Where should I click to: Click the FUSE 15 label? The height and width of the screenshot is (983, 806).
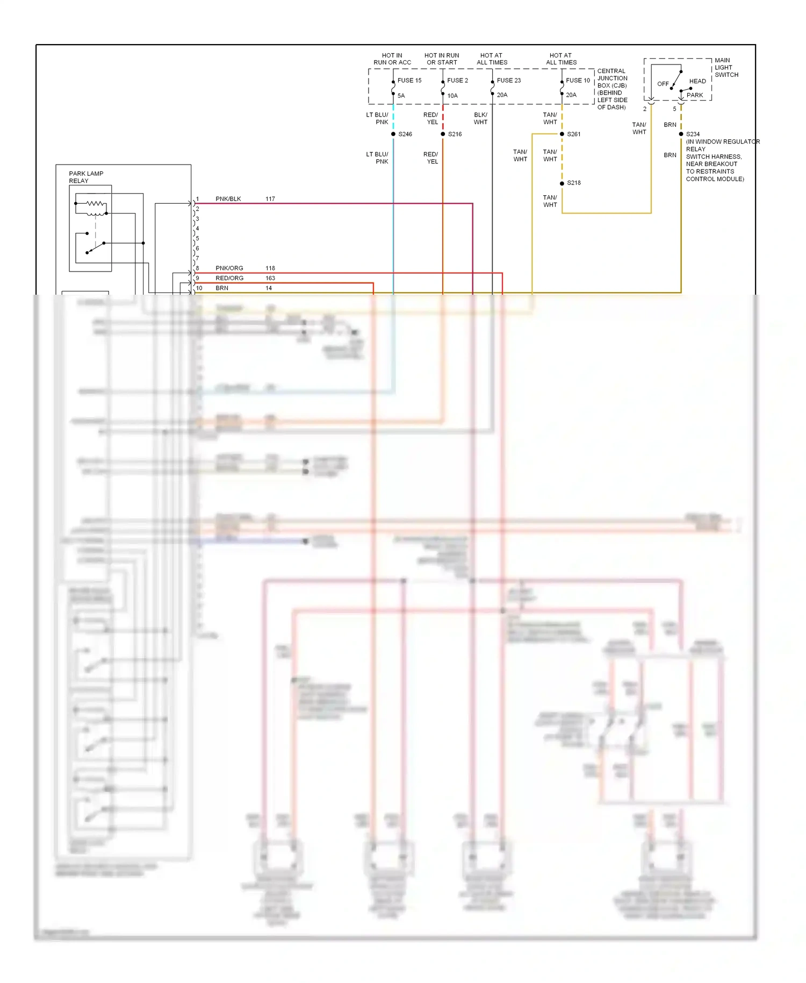(409, 81)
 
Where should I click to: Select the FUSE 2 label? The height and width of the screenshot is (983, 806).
(457, 81)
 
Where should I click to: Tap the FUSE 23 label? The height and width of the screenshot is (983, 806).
(508, 81)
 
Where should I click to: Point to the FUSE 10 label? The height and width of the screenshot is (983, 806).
(578, 81)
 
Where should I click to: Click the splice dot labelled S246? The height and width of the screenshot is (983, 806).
(393, 134)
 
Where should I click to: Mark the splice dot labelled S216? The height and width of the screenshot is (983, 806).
(443, 134)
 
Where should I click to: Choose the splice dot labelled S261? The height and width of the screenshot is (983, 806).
(562, 134)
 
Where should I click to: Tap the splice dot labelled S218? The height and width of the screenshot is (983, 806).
(562, 183)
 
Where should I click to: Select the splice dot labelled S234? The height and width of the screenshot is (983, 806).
(681, 134)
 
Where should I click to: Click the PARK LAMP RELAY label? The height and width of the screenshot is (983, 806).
(86, 177)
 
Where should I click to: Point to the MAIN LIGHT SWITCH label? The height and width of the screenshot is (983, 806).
(726, 68)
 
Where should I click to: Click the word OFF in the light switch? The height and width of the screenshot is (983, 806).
(663, 84)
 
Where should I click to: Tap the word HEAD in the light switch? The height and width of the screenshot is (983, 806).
(697, 81)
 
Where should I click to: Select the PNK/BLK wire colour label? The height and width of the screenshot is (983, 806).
(228, 199)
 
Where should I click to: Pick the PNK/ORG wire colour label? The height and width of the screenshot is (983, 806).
(229, 268)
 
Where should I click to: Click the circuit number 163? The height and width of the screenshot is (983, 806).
(270, 279)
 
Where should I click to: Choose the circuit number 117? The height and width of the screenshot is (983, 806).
(270, 199)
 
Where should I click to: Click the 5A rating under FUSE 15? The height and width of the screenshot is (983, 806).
(401, 96)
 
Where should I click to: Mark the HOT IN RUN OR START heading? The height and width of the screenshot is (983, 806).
(442, 59)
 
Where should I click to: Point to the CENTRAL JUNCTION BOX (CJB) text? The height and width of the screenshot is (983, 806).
(612, 78)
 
